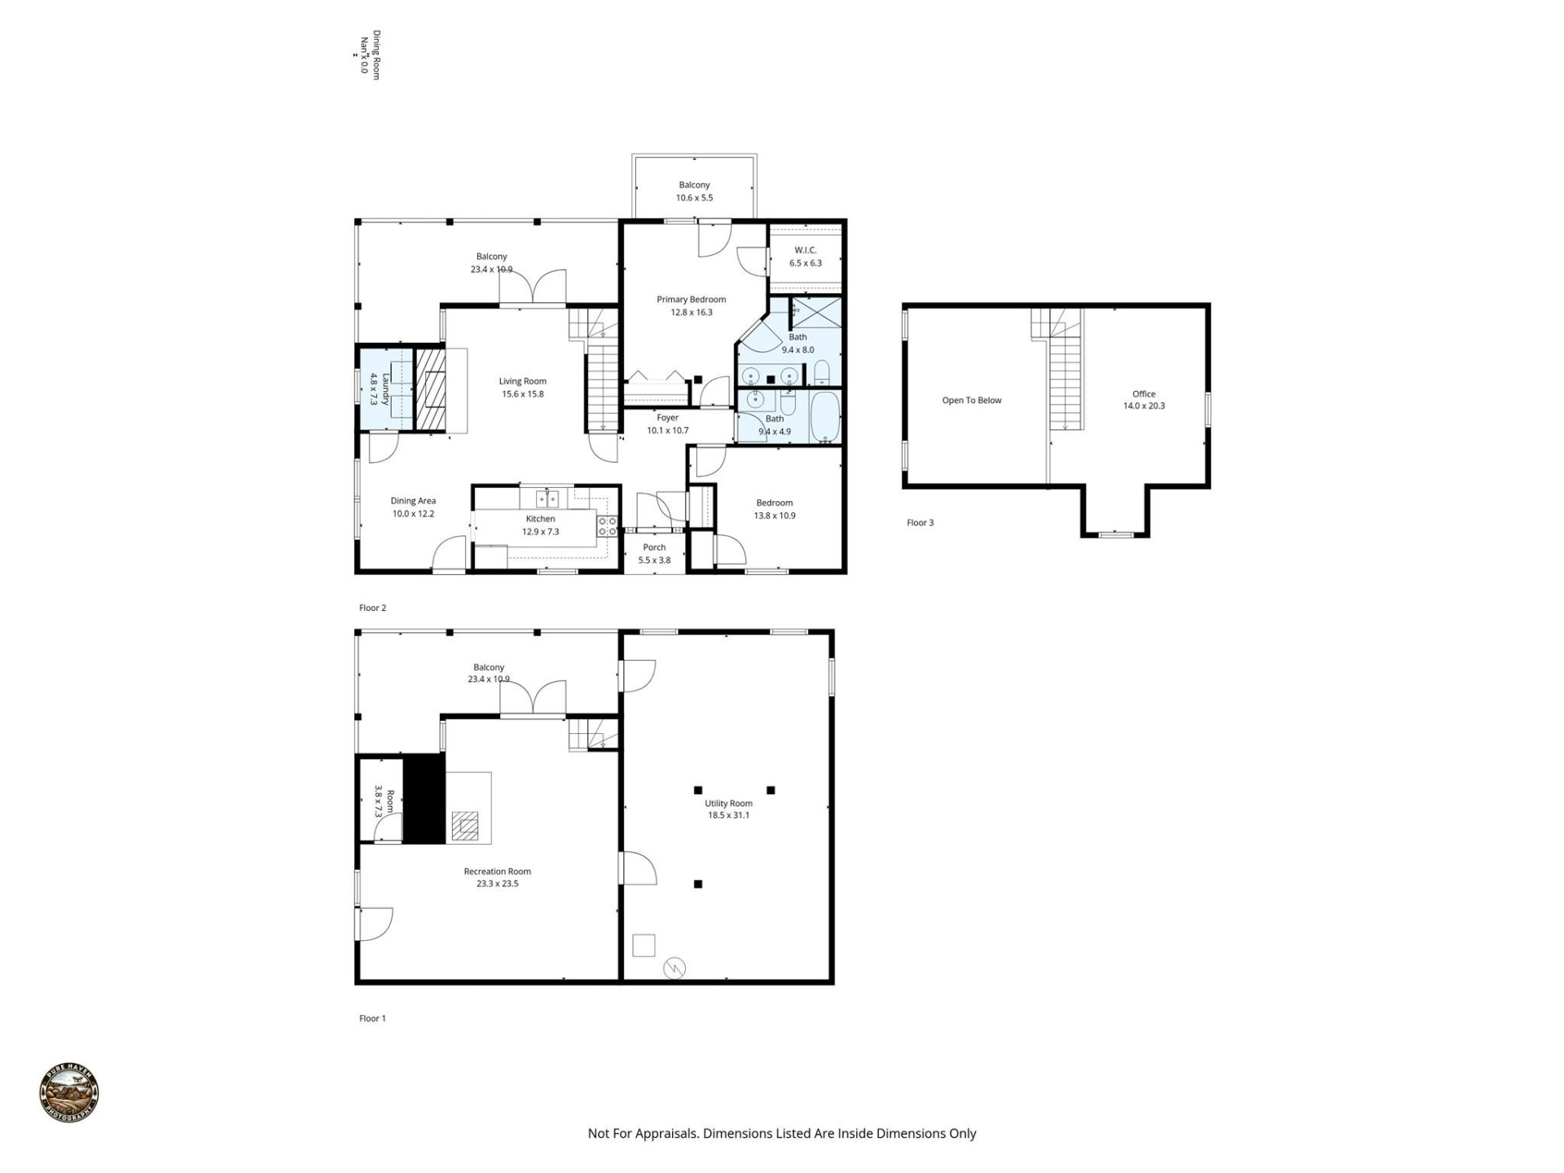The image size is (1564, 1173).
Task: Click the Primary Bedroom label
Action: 691,300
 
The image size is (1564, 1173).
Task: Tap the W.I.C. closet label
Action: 805,251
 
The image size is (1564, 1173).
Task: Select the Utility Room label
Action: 728,803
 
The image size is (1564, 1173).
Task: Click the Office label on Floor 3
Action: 1144,394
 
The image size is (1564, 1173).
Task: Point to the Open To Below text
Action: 972,401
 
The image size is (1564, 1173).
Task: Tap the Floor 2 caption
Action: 372,608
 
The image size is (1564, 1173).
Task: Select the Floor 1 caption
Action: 372,1018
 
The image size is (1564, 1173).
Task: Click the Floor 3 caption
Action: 920,523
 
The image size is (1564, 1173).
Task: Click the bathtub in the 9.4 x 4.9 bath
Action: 824,417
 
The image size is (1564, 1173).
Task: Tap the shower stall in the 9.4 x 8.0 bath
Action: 816,312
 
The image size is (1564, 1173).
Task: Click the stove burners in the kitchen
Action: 608,525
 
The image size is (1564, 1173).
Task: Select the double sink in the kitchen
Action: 547,498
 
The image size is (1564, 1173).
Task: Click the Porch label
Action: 654,547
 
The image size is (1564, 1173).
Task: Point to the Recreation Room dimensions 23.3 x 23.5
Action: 497,884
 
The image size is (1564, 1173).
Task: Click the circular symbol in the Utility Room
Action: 674,968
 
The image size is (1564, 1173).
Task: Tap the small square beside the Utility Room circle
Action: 644,945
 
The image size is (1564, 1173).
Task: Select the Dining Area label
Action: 413,501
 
